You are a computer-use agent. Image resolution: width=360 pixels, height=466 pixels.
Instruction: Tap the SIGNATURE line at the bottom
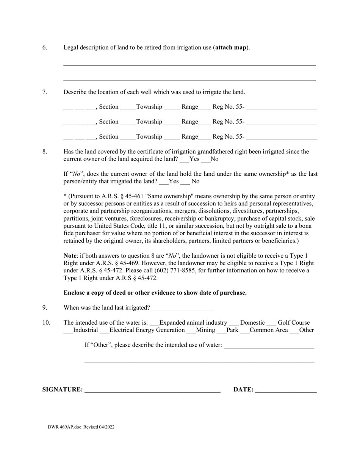pos(152,390)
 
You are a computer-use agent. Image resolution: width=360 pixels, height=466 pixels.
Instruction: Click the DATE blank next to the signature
pos(286,390)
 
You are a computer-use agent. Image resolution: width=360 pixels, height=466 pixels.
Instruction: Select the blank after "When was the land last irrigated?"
pos(182,308)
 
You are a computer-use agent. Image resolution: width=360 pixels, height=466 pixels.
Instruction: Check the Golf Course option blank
pos(271,324)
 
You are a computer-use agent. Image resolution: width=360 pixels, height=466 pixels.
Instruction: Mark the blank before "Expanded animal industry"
pos(155,324)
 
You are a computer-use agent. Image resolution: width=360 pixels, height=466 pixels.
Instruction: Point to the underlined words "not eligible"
pos(241,256)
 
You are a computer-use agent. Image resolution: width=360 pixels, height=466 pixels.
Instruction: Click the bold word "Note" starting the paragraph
pos(70,256)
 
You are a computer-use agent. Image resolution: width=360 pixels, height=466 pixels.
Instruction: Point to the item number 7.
pos(45,92)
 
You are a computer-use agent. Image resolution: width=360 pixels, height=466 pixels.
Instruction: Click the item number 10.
pos(46,323)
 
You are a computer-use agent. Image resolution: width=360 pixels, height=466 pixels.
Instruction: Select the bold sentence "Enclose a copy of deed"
pos(155,293)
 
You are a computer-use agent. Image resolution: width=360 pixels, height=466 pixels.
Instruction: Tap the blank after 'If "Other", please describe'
pos(269,346)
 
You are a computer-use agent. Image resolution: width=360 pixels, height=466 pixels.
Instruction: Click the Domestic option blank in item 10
pos(234,324)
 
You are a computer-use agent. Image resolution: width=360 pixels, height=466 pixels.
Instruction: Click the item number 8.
pos(45,152)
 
